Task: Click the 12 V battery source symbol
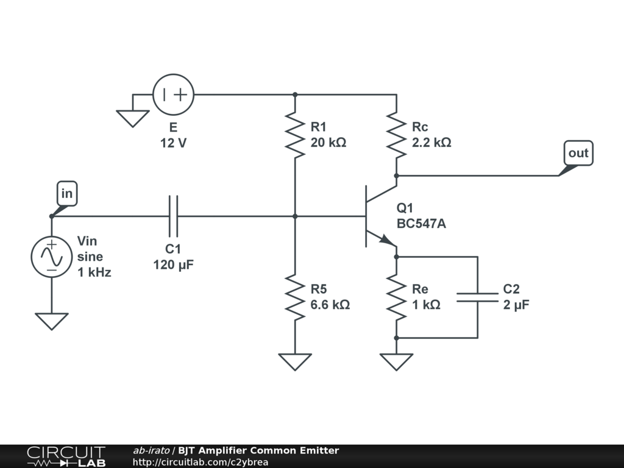[174, 94]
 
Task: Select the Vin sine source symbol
[52, 257]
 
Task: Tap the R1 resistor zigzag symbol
[295, 135]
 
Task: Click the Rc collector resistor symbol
[396, 135]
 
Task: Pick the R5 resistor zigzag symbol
[295, 297]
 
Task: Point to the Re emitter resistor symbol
[396, 297]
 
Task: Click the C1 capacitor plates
[173, 216]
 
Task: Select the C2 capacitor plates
[478, 297]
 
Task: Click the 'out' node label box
[579, 153]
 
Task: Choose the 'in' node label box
[67, 193]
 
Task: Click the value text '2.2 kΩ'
[432, 143]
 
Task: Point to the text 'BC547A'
[422, 224]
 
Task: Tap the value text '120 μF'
[174, 264]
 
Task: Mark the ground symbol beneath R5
[295, 362]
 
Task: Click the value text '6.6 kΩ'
[330, 305]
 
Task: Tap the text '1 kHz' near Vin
[94, 272]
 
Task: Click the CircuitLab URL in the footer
[200, 462]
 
